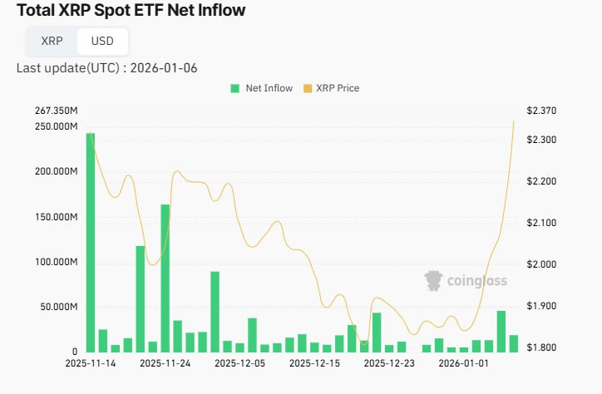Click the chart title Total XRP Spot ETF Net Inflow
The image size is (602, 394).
[x=126, y=12]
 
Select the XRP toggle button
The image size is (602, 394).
[x=52, y=41]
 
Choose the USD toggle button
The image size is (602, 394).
[x=102, y=41]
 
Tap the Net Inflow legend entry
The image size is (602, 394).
[x=262, y=88]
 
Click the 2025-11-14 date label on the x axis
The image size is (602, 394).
[x=90, y=363]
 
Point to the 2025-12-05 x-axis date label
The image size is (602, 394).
[x=239, y=363]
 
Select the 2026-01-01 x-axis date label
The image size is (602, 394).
[x=464, y=363]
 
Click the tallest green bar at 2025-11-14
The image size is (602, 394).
[x=91, y=242]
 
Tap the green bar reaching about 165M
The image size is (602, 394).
[x=165, y=278]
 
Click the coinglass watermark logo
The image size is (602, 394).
[x=466, y=281]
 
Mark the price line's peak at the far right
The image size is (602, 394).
[x=514, y=121]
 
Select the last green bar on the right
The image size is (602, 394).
[x=514, y=343]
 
